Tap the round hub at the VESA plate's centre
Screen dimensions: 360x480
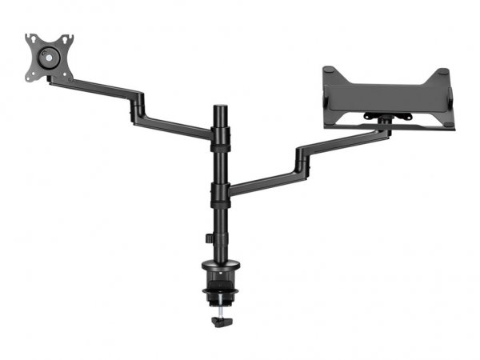click(50, 57)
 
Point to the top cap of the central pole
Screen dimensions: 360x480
click(220, 106)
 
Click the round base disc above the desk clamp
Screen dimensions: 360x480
click(220, 264)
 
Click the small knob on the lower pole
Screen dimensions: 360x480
click(206, 238)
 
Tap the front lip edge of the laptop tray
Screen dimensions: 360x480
click(388, 126)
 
